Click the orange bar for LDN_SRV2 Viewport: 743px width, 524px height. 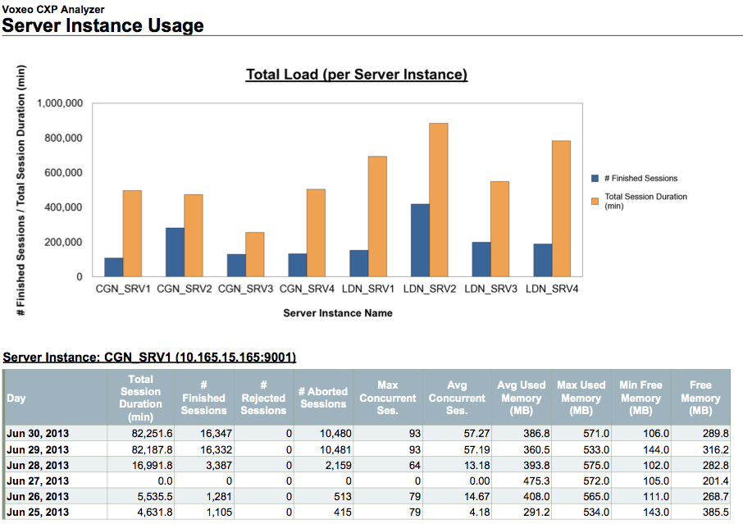438,200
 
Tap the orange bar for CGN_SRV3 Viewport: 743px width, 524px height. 254,255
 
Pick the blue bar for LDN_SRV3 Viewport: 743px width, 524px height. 481,260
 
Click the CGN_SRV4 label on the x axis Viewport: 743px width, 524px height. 306,289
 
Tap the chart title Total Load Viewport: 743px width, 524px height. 357,75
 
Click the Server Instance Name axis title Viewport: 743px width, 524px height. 338,313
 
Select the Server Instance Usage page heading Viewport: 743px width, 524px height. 103,25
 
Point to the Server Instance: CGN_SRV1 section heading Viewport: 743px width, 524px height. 149,358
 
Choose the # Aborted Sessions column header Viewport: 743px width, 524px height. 323,398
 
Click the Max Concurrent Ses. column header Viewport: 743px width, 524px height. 388,398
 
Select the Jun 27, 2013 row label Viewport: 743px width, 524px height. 38,481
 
